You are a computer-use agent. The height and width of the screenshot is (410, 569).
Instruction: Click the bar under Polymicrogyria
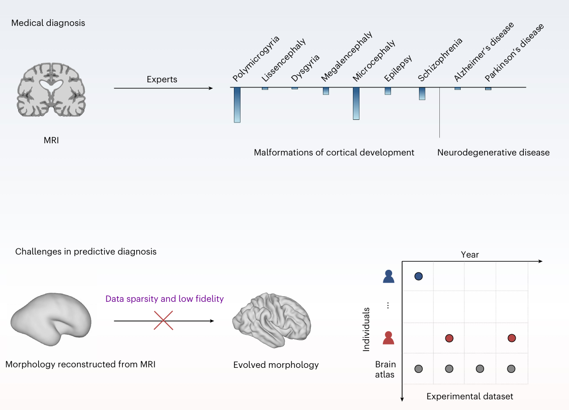(237, 105)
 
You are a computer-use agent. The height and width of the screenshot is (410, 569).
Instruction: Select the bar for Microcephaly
(356, 103)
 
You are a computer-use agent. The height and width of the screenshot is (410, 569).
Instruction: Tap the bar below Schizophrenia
(422, 93)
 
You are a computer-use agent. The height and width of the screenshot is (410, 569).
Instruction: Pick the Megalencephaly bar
(326, 91)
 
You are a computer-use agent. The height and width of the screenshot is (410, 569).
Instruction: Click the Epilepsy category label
(398, 68)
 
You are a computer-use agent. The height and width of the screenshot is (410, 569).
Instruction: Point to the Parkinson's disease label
(514, 52)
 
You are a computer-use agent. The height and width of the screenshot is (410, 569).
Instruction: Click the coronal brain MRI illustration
(51, 89)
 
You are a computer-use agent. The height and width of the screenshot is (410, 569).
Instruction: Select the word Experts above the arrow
(162, 79)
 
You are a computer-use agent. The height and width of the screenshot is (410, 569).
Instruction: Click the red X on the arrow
(163, 321)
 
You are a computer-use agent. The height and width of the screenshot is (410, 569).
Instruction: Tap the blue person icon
(388, 276)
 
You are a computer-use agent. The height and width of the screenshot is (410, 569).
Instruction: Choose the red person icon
(388, 338)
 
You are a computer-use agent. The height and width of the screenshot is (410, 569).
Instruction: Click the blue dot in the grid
(418, 276)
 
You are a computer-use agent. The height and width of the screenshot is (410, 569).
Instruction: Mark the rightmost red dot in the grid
(512, 338)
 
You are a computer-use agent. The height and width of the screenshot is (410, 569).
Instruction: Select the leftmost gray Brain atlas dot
(418, 369)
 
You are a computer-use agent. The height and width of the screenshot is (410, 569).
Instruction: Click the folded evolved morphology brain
(272, 320)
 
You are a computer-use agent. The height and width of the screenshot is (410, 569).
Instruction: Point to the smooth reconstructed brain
(51, 319)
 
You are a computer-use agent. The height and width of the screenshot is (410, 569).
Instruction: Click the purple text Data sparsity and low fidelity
(164, 299)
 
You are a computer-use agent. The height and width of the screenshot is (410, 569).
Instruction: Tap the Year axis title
(469, 255)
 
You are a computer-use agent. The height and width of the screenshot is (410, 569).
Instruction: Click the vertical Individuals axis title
(366, 330)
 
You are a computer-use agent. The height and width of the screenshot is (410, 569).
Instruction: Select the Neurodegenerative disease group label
(493, 152)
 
